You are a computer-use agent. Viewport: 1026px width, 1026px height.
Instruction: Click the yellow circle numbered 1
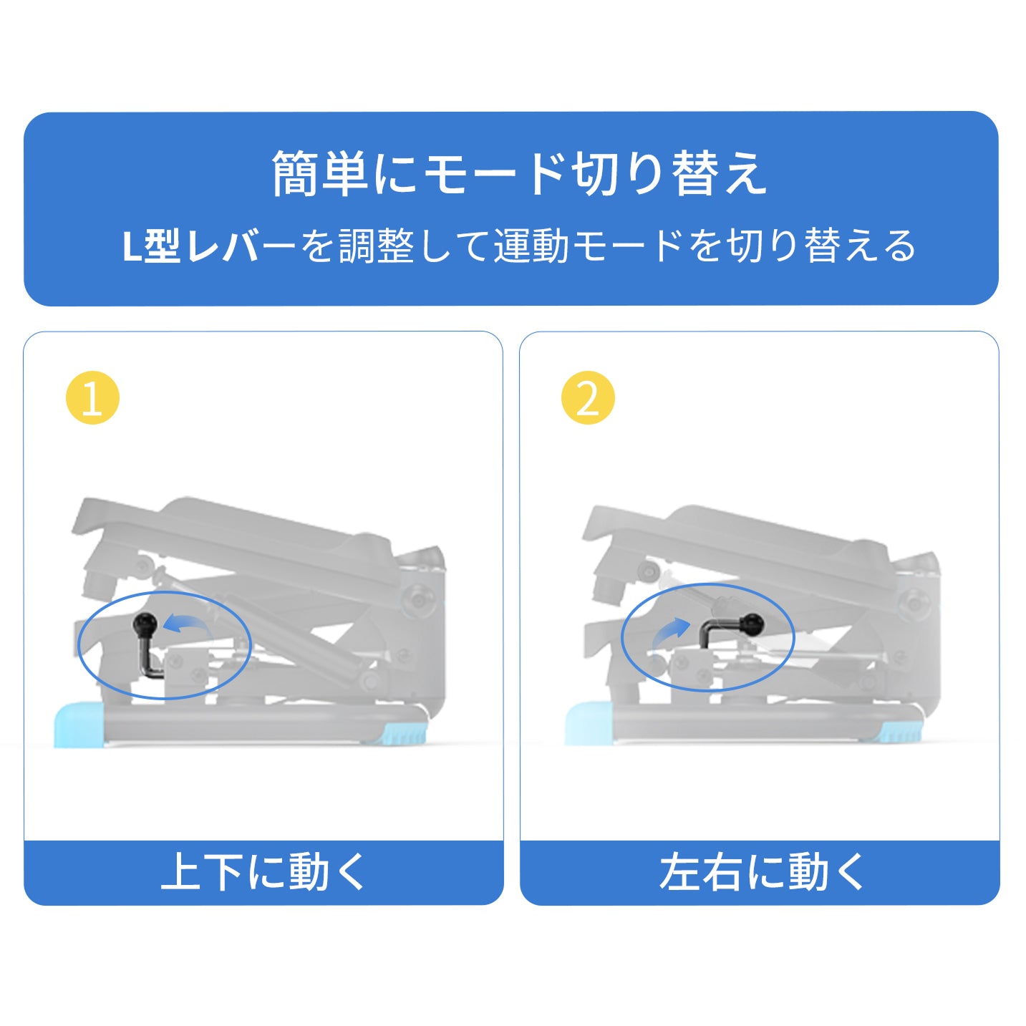pos(92,398)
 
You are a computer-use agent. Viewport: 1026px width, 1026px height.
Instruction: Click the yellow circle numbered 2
pos(589,398)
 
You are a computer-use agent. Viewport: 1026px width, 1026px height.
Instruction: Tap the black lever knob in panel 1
pos(145,623)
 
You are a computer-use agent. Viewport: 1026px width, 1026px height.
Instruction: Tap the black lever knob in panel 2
pos(752,622)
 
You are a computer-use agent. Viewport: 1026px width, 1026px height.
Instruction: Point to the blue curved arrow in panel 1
pos(186,623)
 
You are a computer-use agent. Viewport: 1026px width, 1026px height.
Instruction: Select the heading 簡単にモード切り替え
pos(519,173)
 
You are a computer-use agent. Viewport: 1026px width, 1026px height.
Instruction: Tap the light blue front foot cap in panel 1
pos(80,725)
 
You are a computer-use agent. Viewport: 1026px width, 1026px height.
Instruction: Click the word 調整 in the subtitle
pos(377,246)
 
